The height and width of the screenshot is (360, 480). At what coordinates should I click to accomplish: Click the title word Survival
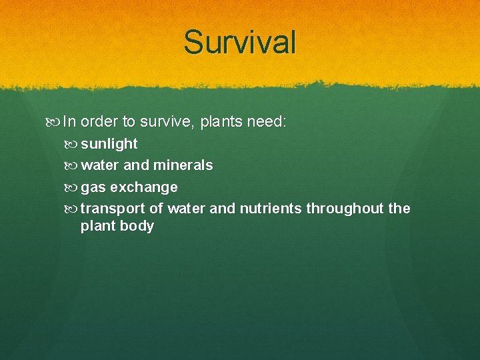tap(240, 42)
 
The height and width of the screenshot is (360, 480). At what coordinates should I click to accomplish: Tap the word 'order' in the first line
tap(99, 122)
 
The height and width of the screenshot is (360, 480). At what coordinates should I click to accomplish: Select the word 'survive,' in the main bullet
tap(167, 122)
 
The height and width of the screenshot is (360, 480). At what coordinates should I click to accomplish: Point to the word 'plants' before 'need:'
tap(221, 122)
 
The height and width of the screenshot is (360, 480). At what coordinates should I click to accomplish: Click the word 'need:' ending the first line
tap(267, 122)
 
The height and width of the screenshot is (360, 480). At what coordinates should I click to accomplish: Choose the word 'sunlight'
tap(109, 144)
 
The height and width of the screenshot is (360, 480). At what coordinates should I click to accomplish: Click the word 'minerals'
tap(183, 165)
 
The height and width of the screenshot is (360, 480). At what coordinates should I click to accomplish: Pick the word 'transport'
tap(111, 209)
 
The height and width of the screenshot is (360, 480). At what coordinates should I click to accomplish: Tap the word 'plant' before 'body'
tap(97, 226)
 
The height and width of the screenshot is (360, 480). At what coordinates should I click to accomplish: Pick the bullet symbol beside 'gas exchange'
tap(73, 187)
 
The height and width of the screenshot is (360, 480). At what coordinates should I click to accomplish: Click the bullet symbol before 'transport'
tap(73, 209)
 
